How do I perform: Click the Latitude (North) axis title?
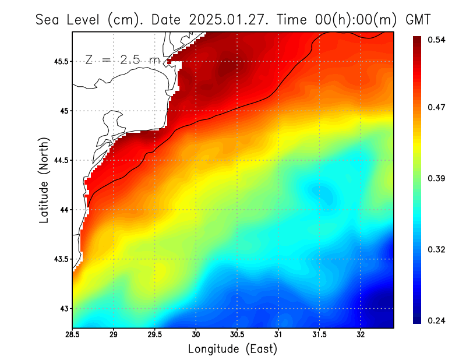[44, 180]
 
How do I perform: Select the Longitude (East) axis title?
[232, 349]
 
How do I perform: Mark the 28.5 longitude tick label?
[73, 335]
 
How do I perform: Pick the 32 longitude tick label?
[361, 335]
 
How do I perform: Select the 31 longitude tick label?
[278, 335]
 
